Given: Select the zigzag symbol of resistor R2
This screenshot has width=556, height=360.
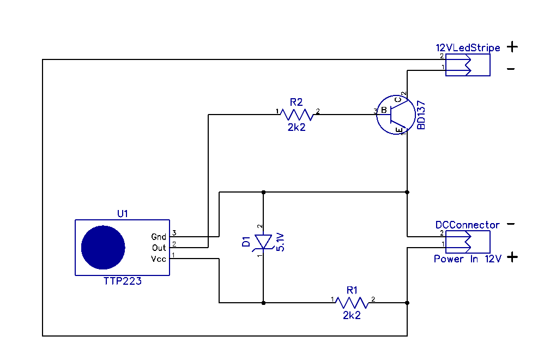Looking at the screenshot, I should point(297,115).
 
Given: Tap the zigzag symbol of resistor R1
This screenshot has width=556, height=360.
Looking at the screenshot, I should point(353,302).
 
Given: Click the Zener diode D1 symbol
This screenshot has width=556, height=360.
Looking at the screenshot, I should point(263,241).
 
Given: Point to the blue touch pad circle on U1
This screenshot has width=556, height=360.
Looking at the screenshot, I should point(103,247).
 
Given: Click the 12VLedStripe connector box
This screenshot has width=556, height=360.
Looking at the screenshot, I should point(467,65).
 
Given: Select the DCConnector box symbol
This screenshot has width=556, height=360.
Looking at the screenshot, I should point(467,242).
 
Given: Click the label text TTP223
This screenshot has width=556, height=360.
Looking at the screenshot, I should point(123,281).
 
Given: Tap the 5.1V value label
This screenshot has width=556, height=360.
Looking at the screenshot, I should point(280,241).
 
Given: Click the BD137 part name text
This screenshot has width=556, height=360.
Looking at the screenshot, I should point(420,115).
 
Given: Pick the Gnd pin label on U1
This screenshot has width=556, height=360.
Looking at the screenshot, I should point(159,237).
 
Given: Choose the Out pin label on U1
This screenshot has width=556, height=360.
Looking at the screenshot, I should point(159,248).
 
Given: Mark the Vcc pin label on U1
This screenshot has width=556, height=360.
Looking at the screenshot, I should point(159,259).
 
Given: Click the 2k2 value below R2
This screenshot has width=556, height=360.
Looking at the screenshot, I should point(297,127).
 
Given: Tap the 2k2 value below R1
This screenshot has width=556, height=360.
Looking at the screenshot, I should point(352,315).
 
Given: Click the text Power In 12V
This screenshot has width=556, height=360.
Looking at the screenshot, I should point(467,259).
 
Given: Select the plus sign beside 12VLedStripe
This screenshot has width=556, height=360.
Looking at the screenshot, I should point(512,47).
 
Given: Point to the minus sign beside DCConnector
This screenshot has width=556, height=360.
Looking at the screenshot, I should point(511,224).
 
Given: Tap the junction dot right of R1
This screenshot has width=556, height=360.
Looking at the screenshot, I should point(407,302).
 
